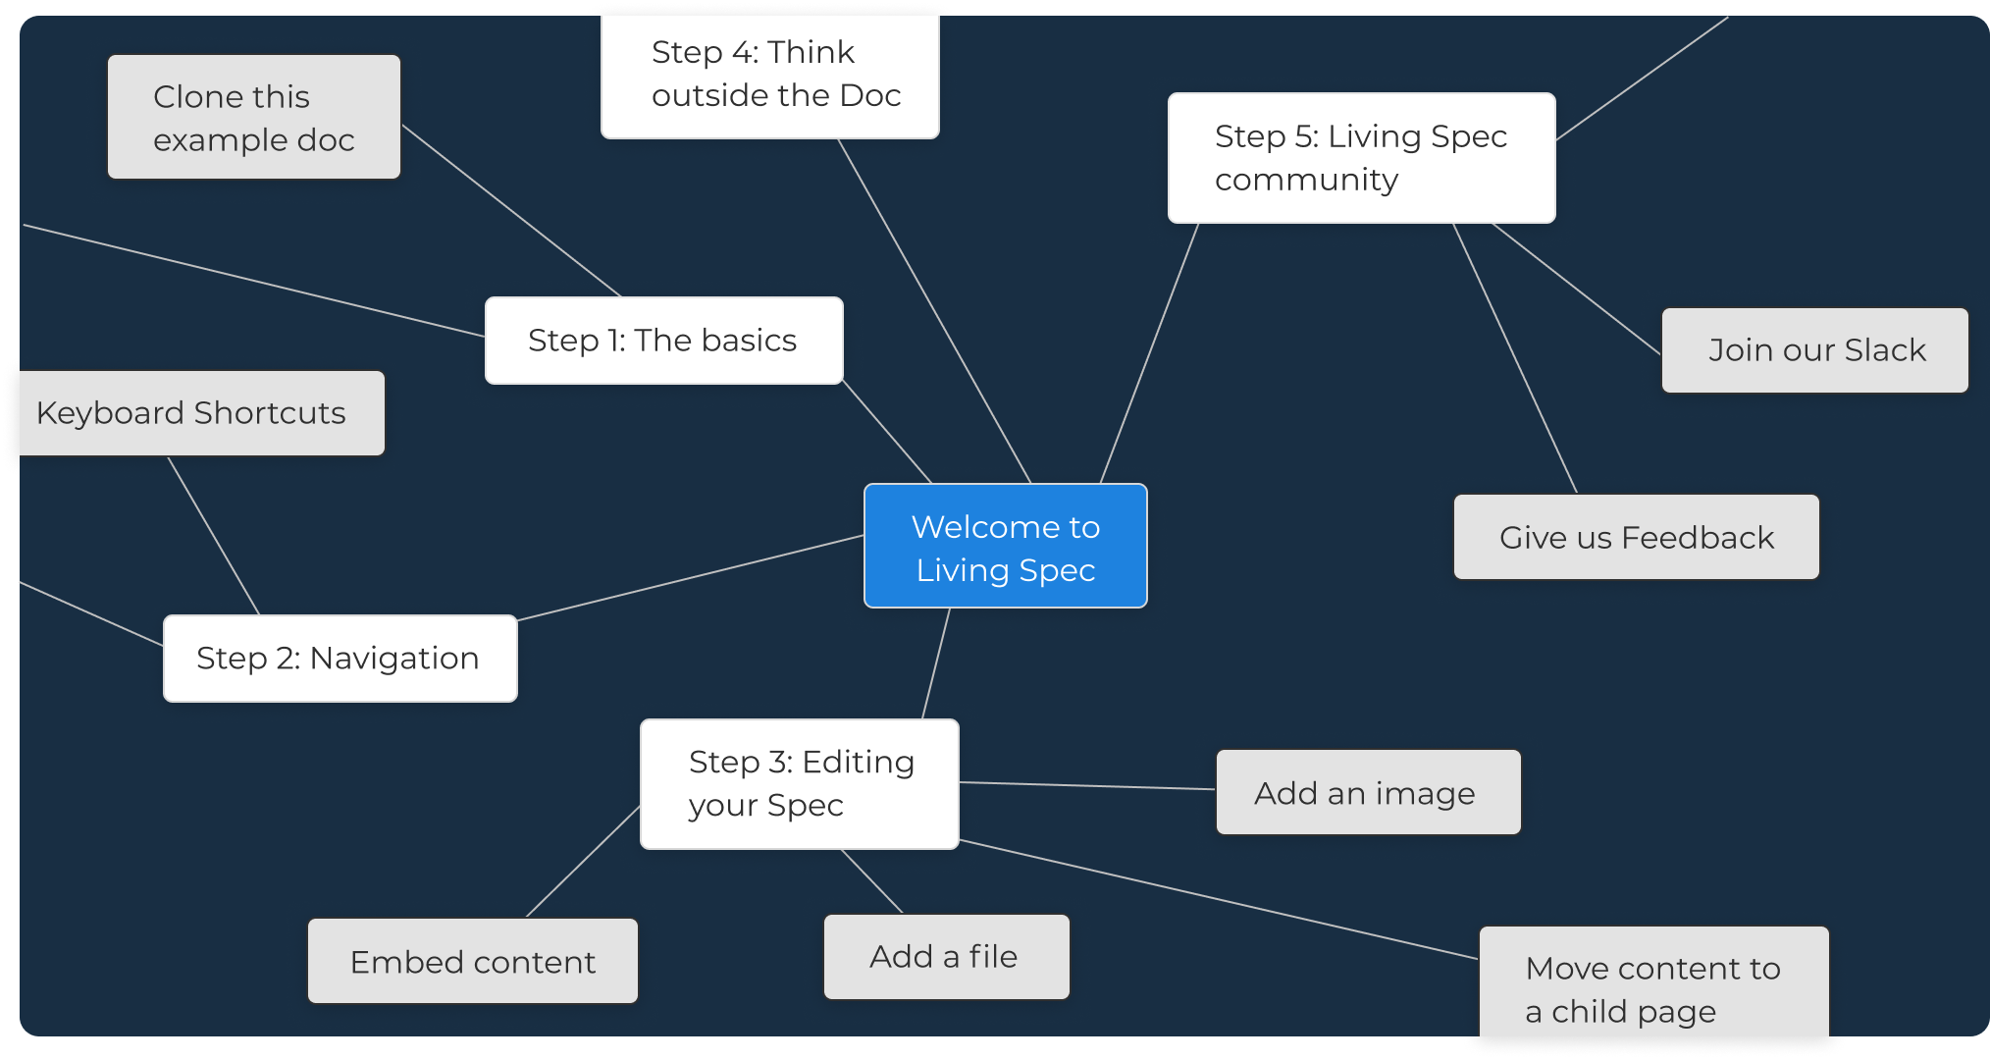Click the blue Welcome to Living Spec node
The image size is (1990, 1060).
pyautogui.click(x=1005, y=546)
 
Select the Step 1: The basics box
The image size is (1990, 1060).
pyautogui.click(x=663, y=341)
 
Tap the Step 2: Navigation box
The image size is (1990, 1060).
pyautogui.click(x=340, y=659)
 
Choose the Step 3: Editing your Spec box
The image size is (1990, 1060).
pyautogui.click(x=799, y=784)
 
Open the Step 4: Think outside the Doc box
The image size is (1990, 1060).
pyautogui.click(x=769, y=75)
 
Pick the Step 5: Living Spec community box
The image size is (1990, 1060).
pyautogui.click(x=1361, y=158)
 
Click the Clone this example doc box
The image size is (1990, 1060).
pyautogui.click(x=253, y=118)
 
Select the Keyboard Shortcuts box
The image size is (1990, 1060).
pyautogui.click(x=196, y=413)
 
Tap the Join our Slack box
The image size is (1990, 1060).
pyautogui.click(x=1814, y=350)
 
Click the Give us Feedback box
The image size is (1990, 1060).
pyautogui.click(x=1636, y=538)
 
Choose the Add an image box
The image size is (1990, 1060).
pyautogui.click(x=1368, y=793)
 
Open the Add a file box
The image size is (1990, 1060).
pyautogui.click(x=946, y=957)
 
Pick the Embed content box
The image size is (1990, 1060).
pyautogui.click(x=472, y=962)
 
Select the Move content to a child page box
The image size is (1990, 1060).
pyautogui.click(x=1653, y=985)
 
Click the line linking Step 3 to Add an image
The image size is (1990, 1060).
pyautogui.click(x=1087, y=785)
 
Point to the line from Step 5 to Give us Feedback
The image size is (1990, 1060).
pyautogui.click(x=1514, y=358)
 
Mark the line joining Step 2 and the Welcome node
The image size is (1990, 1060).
pyautogui.click(x=690, y=578)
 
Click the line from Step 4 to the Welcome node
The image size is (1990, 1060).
pyautogui.click(x=934, y=311)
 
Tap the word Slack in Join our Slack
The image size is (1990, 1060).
pyautogui.click(x=1884, y=350)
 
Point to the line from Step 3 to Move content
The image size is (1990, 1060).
pyautogui.click(x=1217, y=899)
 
